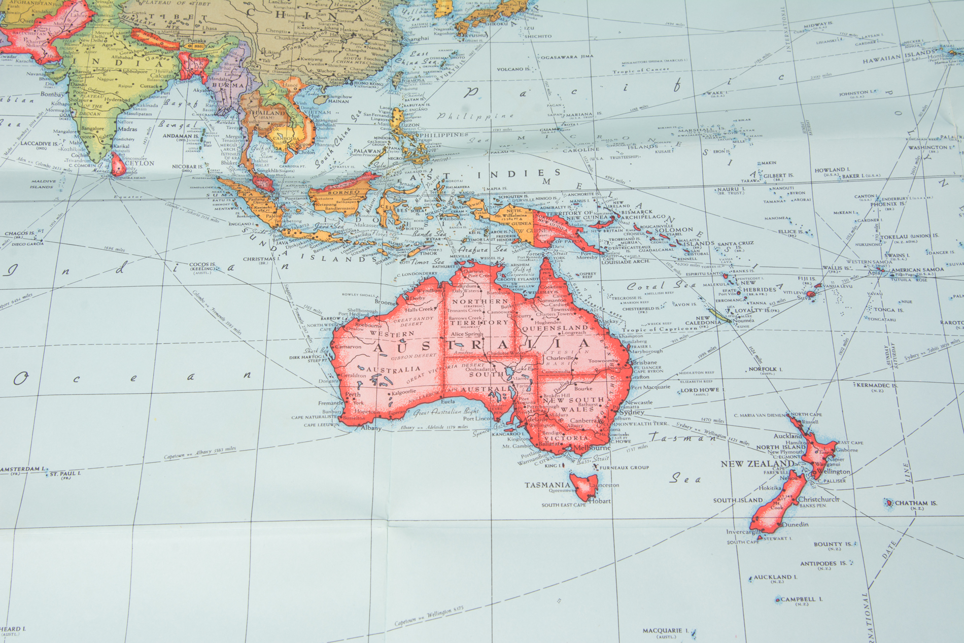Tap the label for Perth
[353, 394]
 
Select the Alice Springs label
[466, 334]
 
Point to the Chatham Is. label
[916, 503]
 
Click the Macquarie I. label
[662, 631]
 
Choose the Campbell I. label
[801, 599]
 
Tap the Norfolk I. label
[763, 369]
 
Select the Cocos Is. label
[202, 265]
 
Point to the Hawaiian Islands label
[898, 57]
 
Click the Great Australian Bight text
[446, 412]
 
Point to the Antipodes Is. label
[823, 563]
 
